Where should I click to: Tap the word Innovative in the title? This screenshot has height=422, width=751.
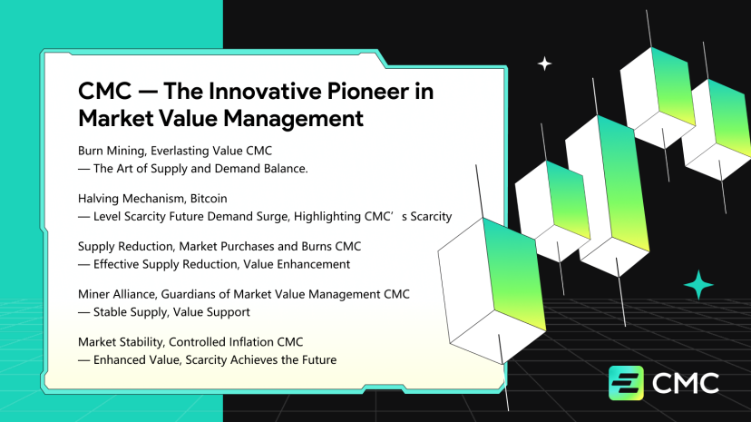(265, 91)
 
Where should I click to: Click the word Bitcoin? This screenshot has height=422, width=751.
(209, 199)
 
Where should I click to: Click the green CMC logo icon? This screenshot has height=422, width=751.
(626, 383)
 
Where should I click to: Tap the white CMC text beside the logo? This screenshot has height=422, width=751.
(686, 383)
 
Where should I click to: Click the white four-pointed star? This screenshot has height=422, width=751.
(544, 64)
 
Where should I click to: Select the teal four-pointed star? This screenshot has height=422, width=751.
(698, 285)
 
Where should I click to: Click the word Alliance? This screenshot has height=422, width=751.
(135, 294)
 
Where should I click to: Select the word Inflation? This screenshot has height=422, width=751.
(251, 342)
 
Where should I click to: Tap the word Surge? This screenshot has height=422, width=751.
(275, 217)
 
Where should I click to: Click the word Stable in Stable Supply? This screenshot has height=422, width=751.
(109, 312)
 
